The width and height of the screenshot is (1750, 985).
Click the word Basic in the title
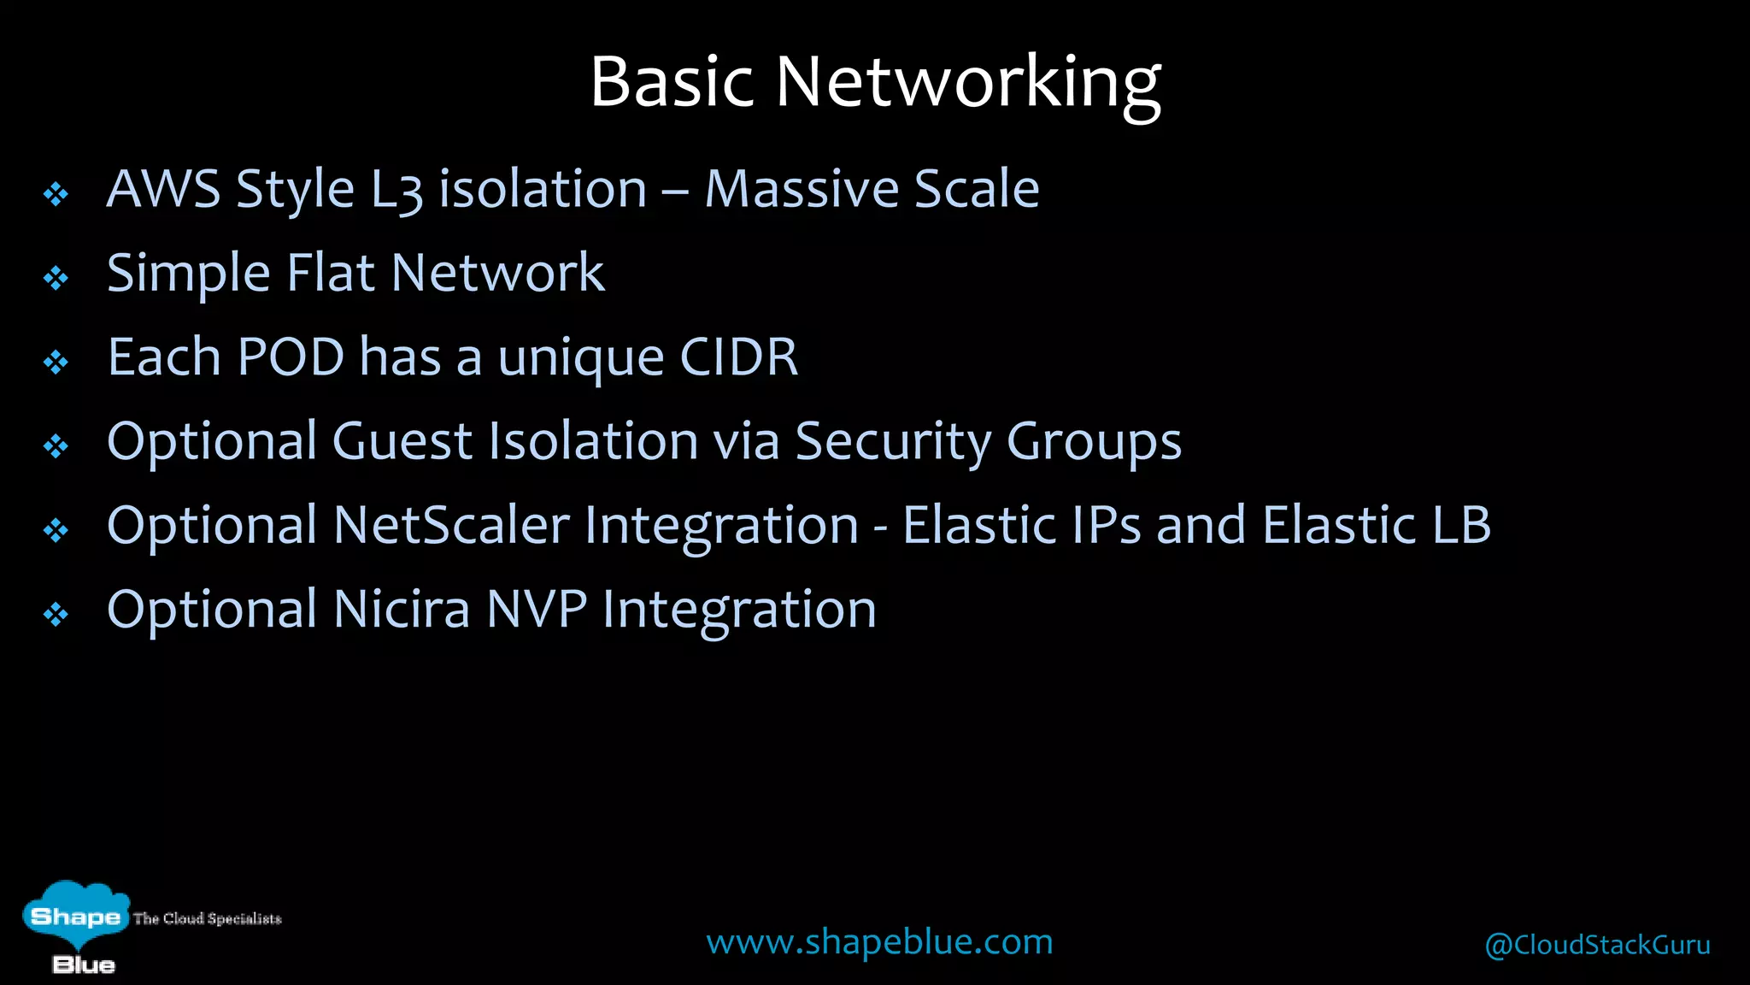coord(672,82)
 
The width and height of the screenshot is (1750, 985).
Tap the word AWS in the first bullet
coord(163,189)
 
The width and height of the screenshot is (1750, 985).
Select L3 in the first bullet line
coord(396,190)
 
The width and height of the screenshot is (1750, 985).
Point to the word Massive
coord(800,189)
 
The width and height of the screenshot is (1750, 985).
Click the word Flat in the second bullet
coord(331,274)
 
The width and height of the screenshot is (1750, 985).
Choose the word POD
coord(291,357)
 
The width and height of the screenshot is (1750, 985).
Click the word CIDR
coord(739,357)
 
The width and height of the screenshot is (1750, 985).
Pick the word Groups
coord(1094,442)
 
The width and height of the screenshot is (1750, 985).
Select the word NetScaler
coord(451,525)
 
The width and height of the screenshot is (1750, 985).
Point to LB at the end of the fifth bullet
coord(1462,525)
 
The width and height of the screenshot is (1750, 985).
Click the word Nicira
coord(402,610)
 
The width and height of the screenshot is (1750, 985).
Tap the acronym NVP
coord(537,610)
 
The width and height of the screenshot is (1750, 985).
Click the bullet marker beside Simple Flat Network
coord(56,278)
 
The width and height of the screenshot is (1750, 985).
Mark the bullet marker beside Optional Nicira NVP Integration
coord(56,614)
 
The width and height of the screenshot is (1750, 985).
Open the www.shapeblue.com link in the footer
coord(879,942)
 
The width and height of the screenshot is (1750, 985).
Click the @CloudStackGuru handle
coord(1597,945)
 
